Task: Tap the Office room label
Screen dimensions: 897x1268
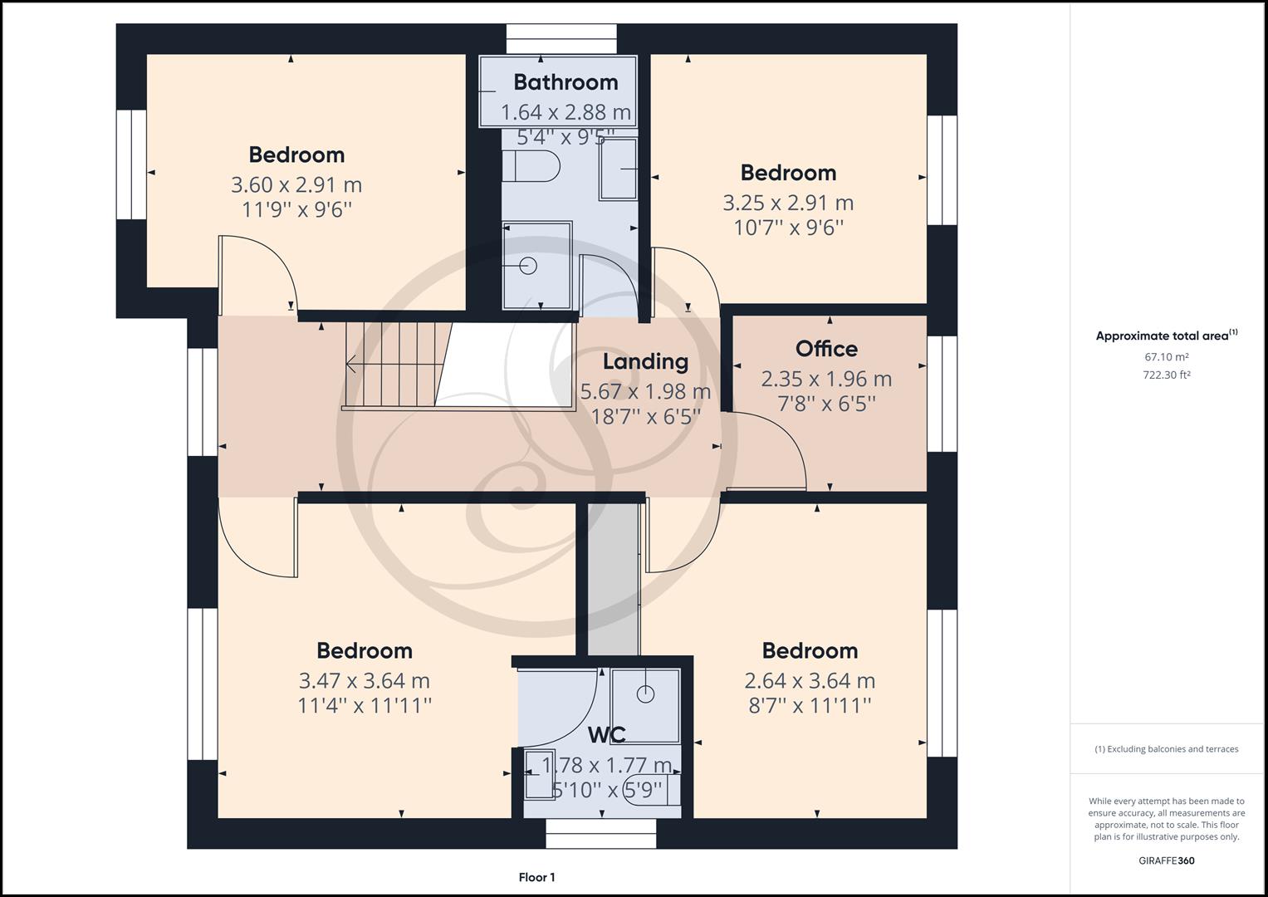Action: point(826,349)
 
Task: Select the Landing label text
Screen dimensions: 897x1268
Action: point(645,361)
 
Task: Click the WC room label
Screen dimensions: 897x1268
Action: point(606,735)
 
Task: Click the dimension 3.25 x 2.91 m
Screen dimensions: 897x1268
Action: point(788,203)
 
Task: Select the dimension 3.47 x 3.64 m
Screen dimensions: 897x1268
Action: point(364,681)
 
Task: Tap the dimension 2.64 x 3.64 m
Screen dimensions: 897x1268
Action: point(810,681)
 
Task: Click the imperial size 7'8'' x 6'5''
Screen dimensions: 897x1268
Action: point(826,404)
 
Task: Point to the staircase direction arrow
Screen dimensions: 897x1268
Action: point(352,364)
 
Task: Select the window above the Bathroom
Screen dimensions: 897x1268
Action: point(562,39)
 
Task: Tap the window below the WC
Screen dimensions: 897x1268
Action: point(600,833)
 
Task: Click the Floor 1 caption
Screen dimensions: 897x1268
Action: point(536,877)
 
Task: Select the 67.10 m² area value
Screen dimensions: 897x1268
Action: point(1166,357)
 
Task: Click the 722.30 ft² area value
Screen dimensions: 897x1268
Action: point(1166,375)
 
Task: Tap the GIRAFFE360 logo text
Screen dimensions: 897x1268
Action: point(1166,860)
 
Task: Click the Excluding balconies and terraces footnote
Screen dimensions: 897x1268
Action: point(1166,749)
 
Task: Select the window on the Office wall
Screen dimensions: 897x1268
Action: point(942,394)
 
